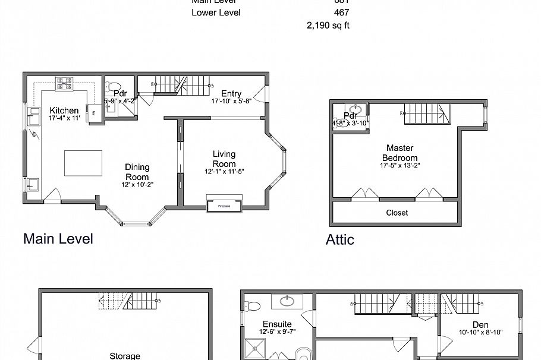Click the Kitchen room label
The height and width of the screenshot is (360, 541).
point(64,110)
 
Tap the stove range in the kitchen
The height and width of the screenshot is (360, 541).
point(65,84)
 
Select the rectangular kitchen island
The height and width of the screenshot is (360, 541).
point(83,162)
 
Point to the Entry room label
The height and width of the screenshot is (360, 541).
point(231,94)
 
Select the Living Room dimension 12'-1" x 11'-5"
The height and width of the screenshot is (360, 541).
point(224,172)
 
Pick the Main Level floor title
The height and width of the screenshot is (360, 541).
point(58,239)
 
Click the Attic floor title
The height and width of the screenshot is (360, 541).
point(339,240)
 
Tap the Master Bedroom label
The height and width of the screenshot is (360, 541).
point(400,153)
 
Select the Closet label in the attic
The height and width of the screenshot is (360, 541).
point(397,213)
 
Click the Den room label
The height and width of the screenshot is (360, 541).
point(480,324)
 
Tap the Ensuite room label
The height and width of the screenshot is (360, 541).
point(276,324)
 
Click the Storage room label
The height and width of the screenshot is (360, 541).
point(125,356)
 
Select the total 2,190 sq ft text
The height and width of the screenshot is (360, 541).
point(327,26)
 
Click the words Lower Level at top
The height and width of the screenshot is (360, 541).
point(216,12)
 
